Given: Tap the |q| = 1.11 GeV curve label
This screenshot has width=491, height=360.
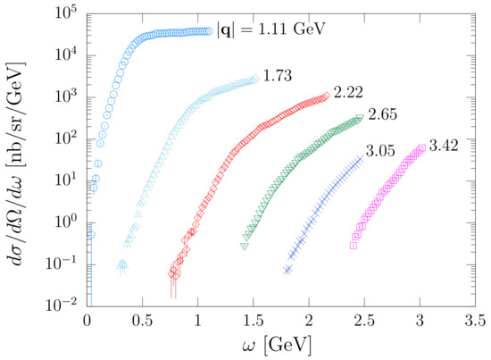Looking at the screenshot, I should coord(271,29).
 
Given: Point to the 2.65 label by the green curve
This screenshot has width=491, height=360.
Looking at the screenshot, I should coord(381,114).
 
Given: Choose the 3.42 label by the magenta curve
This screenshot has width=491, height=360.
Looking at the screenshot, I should coord(445,145).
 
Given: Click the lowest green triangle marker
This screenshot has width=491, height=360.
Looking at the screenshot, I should coord(245,246).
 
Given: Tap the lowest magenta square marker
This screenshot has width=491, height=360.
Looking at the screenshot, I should coord(354,245).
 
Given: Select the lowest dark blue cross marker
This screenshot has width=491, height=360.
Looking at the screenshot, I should coord(287,269).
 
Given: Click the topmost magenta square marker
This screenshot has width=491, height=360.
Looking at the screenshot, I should coord(421,148).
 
